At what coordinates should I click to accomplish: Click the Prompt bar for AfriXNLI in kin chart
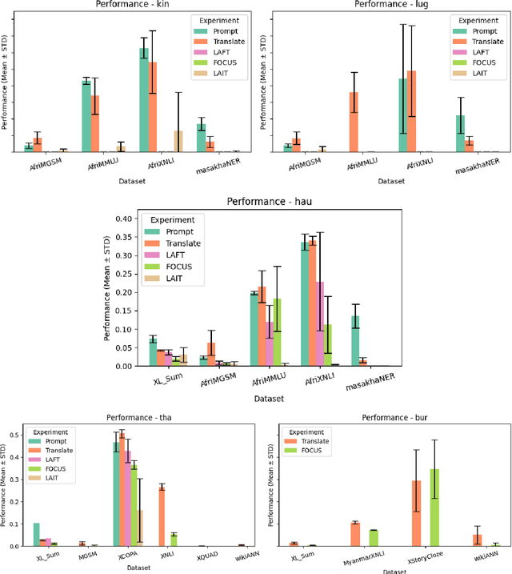(x=144, y=100)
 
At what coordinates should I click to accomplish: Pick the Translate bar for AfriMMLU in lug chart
(x=354, y=122)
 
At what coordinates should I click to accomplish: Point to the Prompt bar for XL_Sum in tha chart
(x=37, y=534)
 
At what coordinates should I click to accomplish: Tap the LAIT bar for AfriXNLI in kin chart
(x=178, y=141)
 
